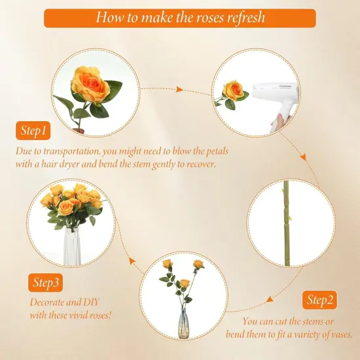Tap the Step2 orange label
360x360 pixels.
[x=321, y=300]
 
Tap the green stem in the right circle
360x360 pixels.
[x=286, y=223]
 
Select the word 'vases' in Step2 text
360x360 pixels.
[x=339, y=334]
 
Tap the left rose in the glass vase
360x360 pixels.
[x=167, y=264]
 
